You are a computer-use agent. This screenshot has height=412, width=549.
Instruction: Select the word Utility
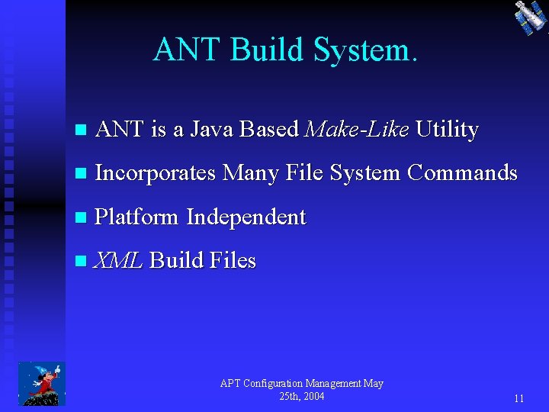(448, 130)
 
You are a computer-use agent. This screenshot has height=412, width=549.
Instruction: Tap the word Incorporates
(156, 173)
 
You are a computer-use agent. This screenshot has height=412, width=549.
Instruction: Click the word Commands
(462, 173)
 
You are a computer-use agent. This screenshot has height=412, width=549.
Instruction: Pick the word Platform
(136, 217)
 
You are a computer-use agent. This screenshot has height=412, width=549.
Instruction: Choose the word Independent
(246, 217)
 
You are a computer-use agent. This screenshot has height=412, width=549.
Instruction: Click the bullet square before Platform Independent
(82, 218)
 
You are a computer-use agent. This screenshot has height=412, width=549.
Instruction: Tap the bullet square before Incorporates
(82, 174)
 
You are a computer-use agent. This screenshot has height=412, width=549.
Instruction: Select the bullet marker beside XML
(82, 262)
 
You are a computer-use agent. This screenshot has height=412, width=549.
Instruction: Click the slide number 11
(518, 398)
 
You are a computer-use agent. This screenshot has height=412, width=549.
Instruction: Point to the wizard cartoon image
(42, 383)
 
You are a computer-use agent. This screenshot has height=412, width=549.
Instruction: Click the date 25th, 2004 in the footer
(301, 397)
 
